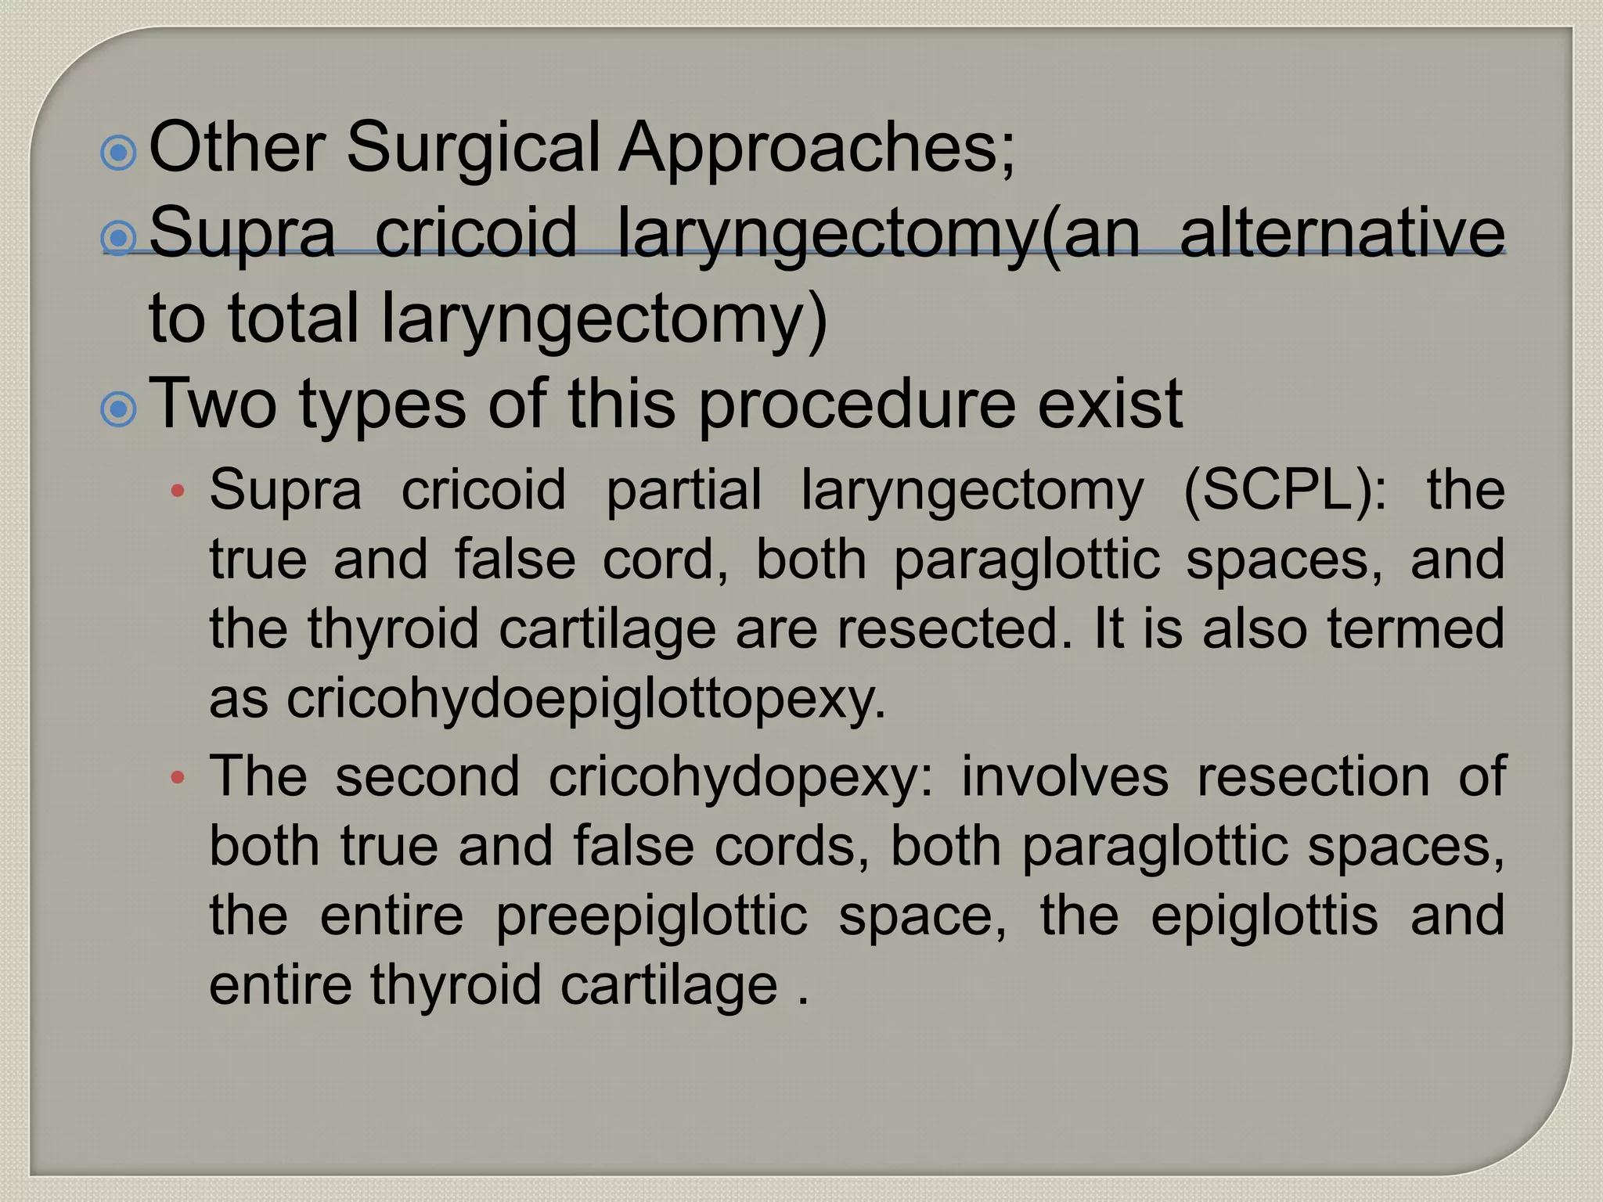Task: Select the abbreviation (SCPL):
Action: (1284, 490)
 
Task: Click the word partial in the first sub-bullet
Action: (683, 490)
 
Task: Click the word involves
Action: (1064, 776)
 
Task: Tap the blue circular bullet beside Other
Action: (119, 153)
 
